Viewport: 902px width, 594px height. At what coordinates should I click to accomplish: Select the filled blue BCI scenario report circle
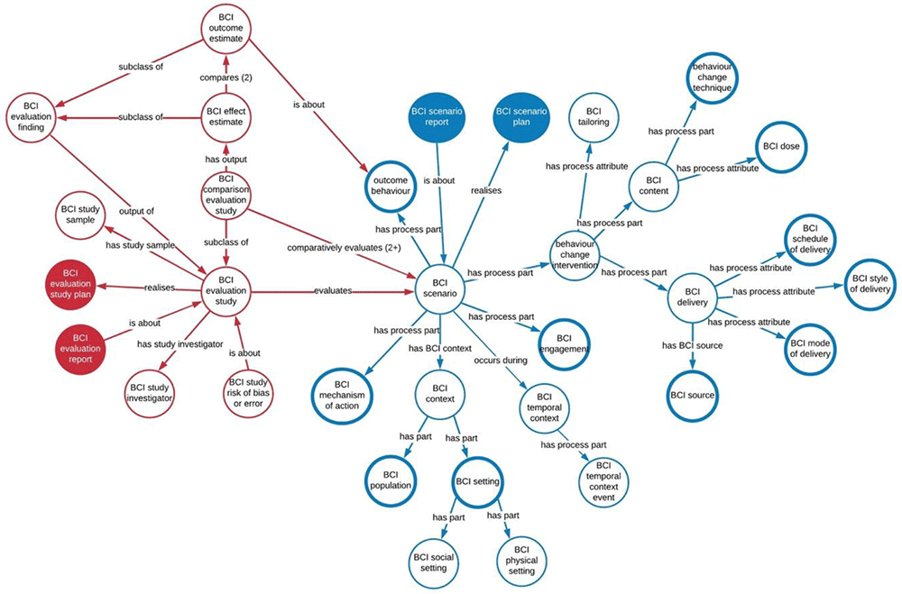[x=437, y=117]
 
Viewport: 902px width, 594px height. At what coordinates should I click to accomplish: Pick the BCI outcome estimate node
[x=221, y=32]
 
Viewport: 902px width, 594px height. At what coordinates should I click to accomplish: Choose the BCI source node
[x=692, y=394]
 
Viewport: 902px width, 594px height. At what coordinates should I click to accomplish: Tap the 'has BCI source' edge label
[x=692, y=345]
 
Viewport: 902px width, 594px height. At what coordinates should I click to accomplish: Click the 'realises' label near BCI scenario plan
[x=486, y=191]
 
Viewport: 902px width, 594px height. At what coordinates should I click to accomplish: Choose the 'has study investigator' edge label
[x=179, y=343]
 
